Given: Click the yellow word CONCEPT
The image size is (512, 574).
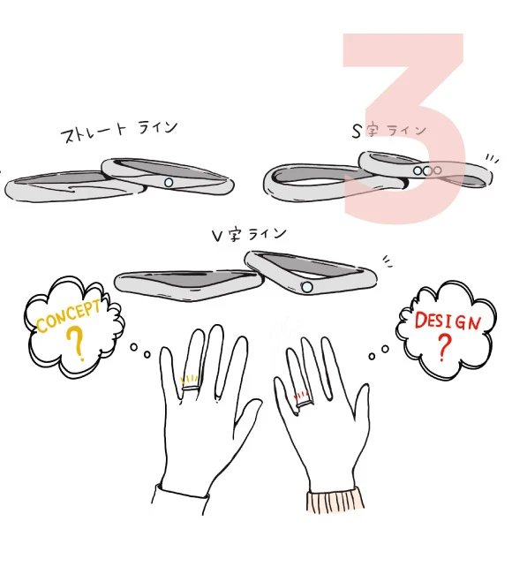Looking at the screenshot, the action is coord(69,316).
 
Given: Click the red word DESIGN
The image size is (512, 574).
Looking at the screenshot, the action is coord(448,321).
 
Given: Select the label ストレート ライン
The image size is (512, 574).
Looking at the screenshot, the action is coord(119,131).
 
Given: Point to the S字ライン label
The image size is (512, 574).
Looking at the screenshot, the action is coord(389,131).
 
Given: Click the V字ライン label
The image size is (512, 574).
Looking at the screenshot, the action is coord(249,234).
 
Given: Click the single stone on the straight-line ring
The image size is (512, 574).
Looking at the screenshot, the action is coord(169,182).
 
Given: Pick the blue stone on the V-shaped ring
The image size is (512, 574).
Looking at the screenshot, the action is coord(307,287).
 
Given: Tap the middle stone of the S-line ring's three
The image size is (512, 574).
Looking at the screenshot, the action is coord(427,170).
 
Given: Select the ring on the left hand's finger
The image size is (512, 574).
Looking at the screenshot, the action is coord(191,388).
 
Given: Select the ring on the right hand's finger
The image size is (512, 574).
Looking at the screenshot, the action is coord(305,403).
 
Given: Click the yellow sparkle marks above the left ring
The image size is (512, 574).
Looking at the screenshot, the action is coord(190,379).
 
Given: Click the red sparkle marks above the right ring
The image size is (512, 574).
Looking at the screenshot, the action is coord(301,396).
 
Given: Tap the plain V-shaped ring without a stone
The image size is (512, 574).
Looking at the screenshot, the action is coord(189,285).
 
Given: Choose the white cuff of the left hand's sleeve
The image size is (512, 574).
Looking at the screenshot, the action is coord(180,500).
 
